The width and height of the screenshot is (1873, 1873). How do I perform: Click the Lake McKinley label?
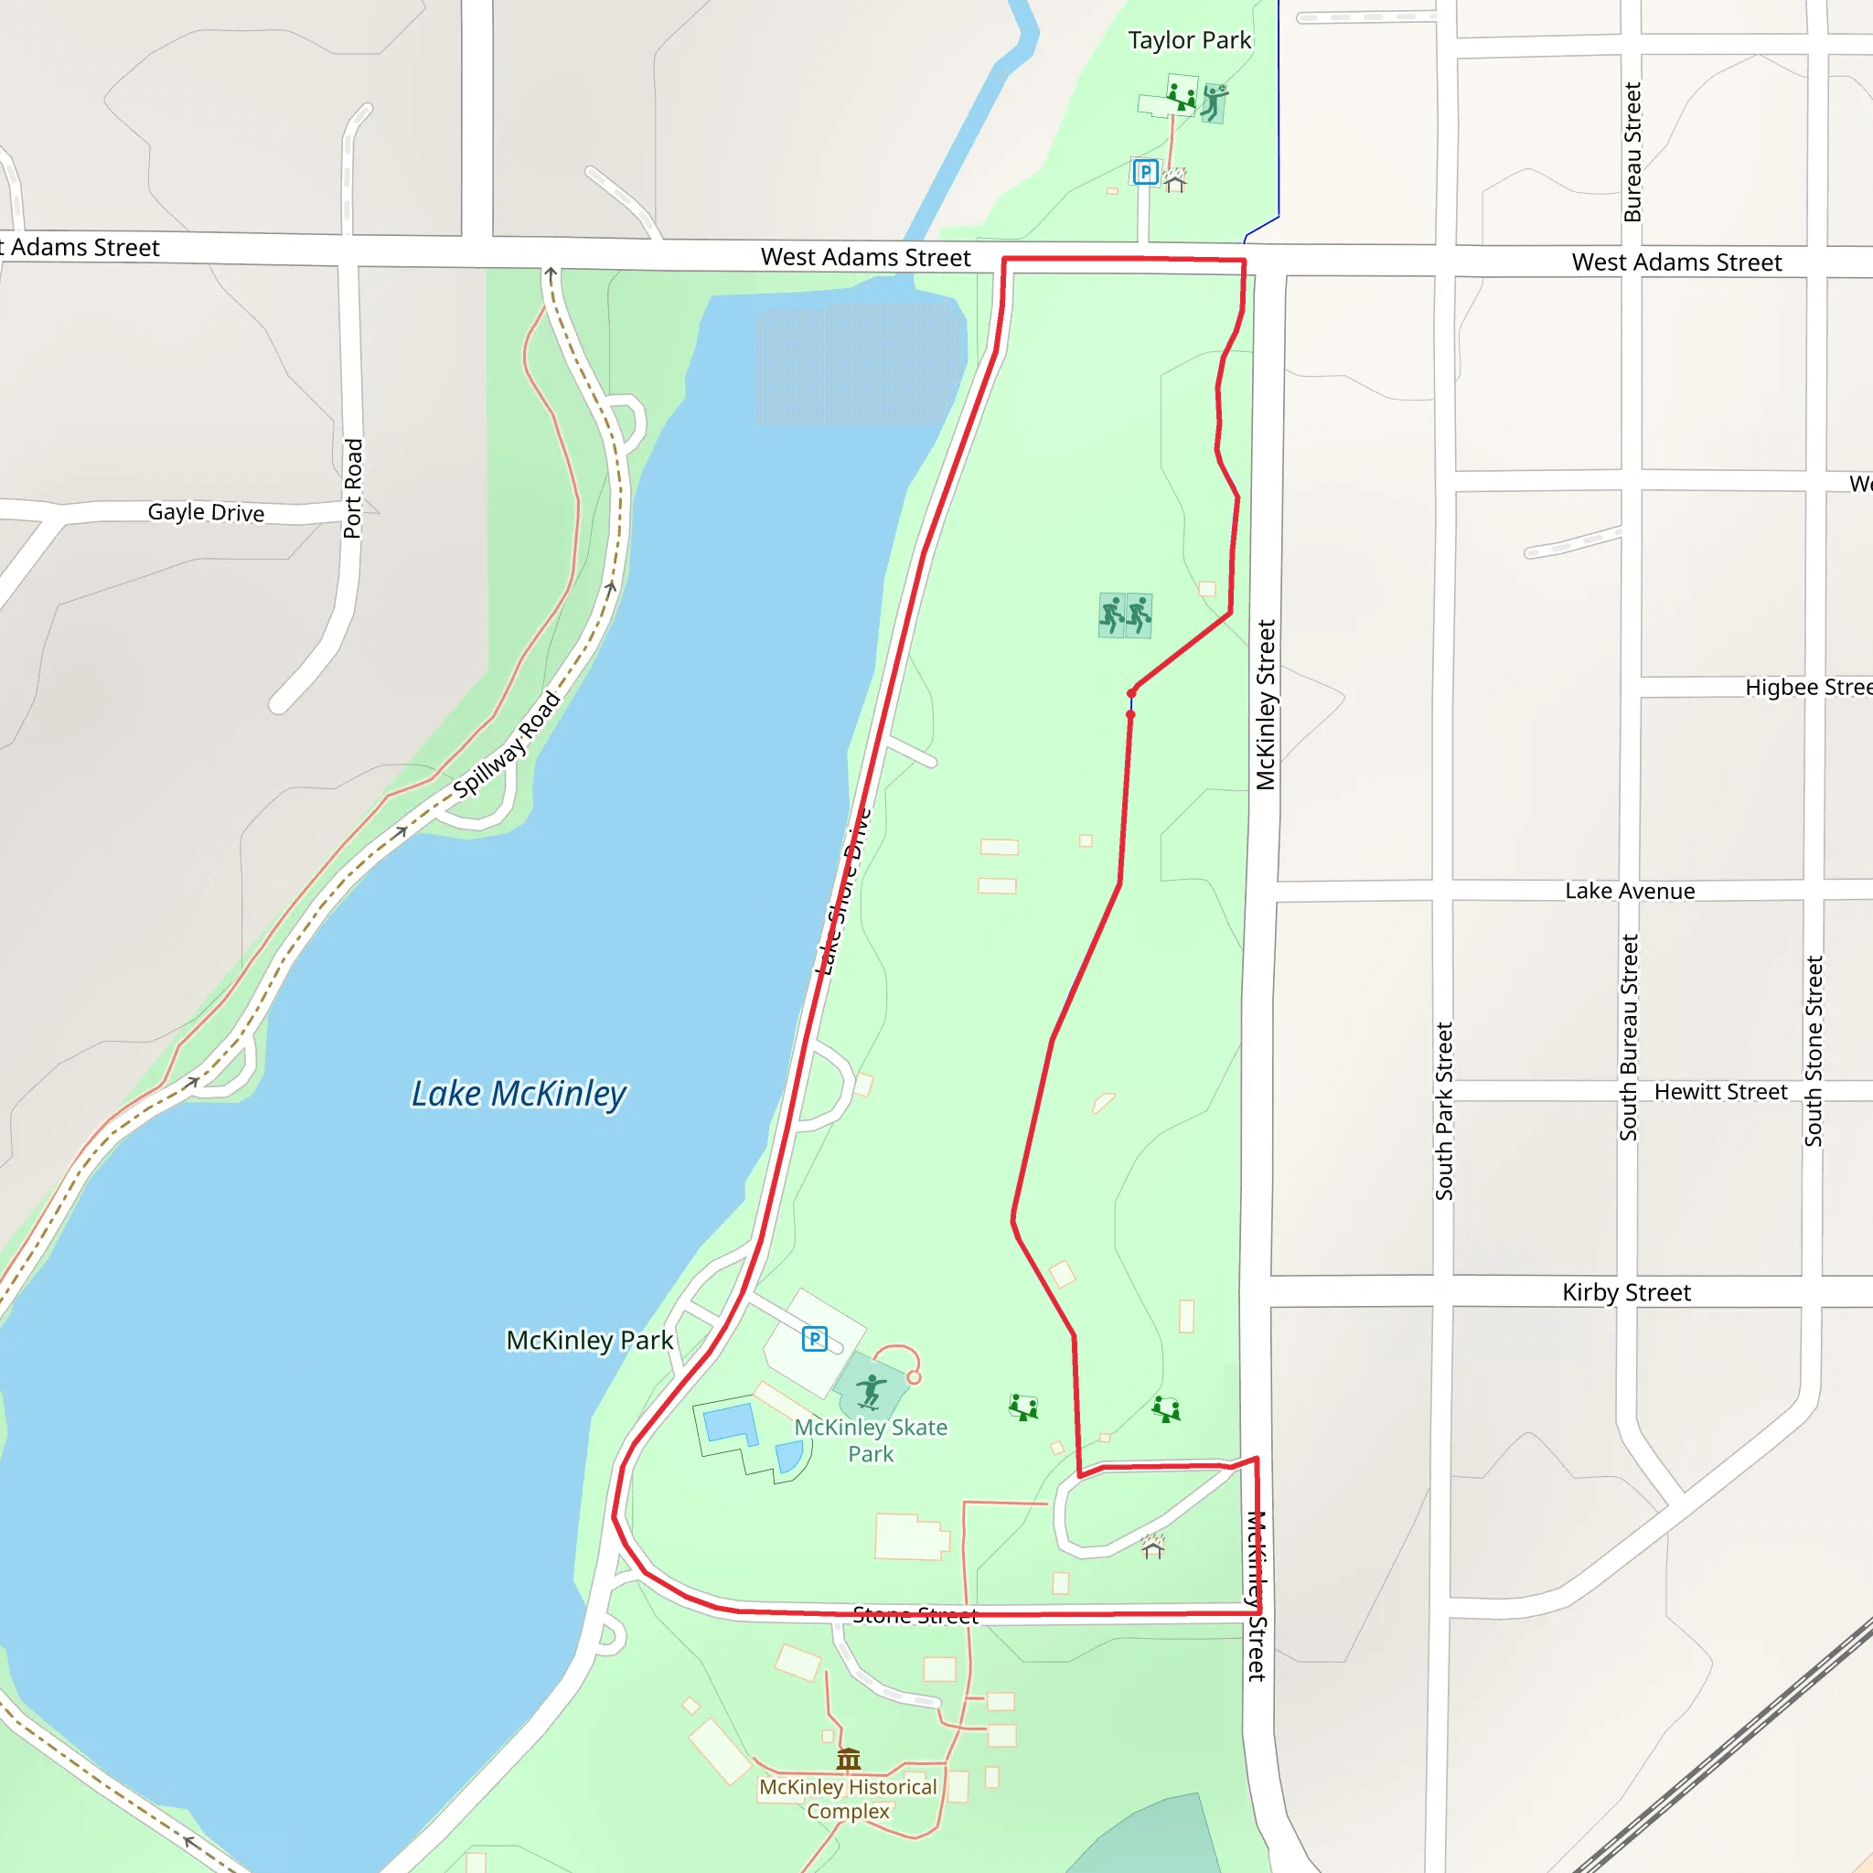[519, 1094]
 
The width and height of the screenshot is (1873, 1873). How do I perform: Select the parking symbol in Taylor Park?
[1145, 173]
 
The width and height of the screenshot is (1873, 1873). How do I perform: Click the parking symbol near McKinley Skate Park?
[814, 1339]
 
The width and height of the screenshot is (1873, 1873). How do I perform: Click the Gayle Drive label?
[206, 512]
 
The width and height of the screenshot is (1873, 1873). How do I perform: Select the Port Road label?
[353, 487]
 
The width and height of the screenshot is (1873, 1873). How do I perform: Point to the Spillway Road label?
[507, 744]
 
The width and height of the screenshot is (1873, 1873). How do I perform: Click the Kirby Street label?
[1626, 1292]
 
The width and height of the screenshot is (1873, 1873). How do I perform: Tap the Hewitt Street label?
[1720, 1092]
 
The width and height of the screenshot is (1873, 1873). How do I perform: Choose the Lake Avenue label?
[1630, 891]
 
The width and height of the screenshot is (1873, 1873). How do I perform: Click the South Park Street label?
[1443, 1111]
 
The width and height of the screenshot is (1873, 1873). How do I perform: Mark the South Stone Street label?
[1813, 1051]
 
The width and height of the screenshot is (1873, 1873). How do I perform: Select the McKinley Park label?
[590, 1340]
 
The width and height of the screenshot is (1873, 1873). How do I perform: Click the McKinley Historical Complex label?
[849, 1798]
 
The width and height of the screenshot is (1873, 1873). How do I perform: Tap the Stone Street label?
[915, 1615]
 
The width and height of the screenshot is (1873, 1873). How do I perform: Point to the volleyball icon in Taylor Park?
[1214, 101]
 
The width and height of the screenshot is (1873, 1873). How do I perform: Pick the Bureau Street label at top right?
[1632, 151]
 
